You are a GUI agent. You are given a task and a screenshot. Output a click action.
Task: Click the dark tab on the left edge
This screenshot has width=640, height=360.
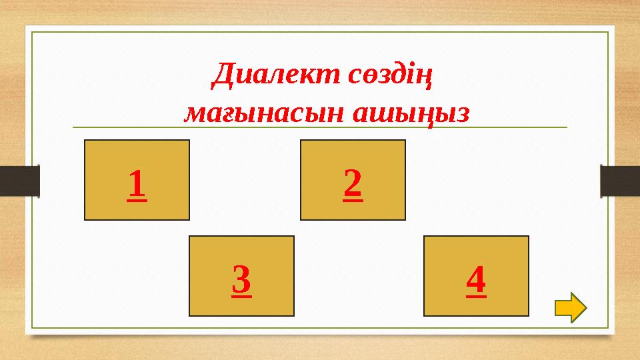(x=19, y=181)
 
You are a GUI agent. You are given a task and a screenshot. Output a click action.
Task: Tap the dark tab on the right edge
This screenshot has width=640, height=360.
(x=620, y=181)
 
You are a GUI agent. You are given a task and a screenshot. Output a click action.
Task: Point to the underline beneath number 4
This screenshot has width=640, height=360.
(x=476, y=295)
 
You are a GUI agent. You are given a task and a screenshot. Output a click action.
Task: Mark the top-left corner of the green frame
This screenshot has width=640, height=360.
(x=33, y=31)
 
